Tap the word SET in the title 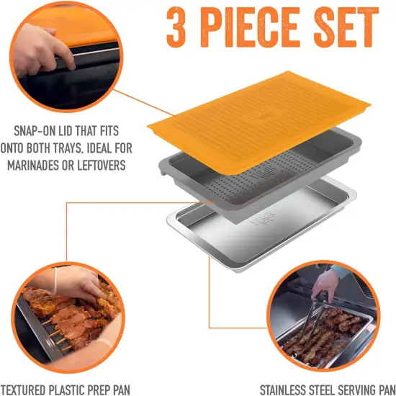[x=346, y=27]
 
